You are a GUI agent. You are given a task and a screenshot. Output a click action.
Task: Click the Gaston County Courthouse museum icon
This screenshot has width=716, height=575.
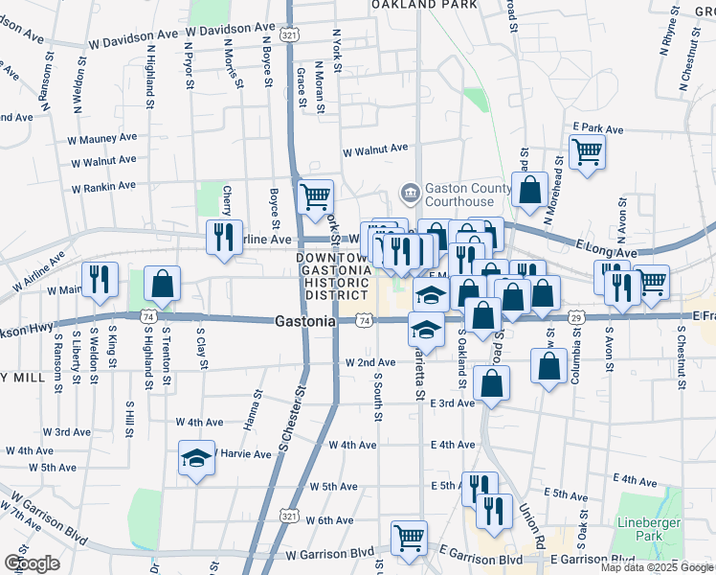pyautogui.click(x=410, y=195)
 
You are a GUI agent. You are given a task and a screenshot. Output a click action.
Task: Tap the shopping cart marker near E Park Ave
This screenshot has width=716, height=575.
pyautogui.click(x=587, y=150)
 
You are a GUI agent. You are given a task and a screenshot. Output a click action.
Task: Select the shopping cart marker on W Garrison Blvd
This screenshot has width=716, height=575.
pyautogui.click(x=409, y=537)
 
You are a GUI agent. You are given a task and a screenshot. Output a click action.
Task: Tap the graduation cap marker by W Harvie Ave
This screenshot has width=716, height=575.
pyautogui.click(x=196, y=457)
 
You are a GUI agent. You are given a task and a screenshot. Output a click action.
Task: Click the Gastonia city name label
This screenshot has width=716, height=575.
pyautogui.click(x=305, y=322)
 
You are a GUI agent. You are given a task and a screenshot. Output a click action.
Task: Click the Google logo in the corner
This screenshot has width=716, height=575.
pyautogui.click(x=32, y=563)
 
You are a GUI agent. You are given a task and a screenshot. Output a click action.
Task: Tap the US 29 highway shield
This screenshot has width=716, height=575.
pyautogui.click(x=575, y=317)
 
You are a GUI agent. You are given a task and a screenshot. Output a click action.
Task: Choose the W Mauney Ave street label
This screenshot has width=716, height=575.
pyautogui.click(x=104, y=139)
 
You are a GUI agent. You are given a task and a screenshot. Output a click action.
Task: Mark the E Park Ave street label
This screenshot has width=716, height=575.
pyautogui.click(x=597, y=128)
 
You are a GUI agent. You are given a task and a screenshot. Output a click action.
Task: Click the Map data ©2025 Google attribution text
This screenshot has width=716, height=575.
pyautogui.click(x=657, y=567)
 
